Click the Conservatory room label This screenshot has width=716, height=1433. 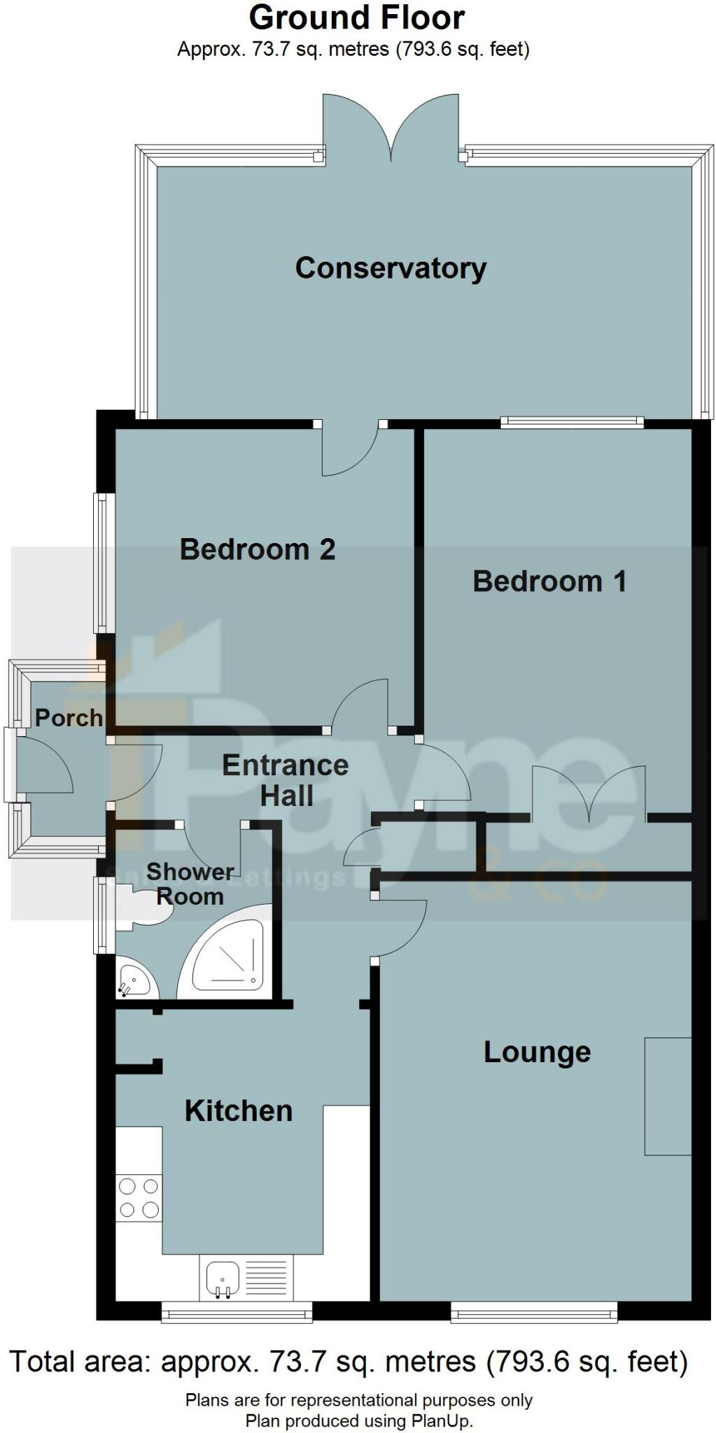pos(391,268)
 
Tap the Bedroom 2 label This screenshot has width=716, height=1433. pos(258,549)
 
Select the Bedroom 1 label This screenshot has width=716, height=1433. pos(549,581)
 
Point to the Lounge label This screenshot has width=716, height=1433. pos(537,1052)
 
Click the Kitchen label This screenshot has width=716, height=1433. pos(238,1110)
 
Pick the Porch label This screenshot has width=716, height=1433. pos(69,717)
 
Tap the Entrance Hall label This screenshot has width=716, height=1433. pos(286,780)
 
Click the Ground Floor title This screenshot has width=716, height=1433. pos(357,17)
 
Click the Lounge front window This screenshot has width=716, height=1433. pos(534,1313)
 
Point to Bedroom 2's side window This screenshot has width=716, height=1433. pos(104,563)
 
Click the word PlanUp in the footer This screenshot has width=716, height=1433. pos(444,1420)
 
